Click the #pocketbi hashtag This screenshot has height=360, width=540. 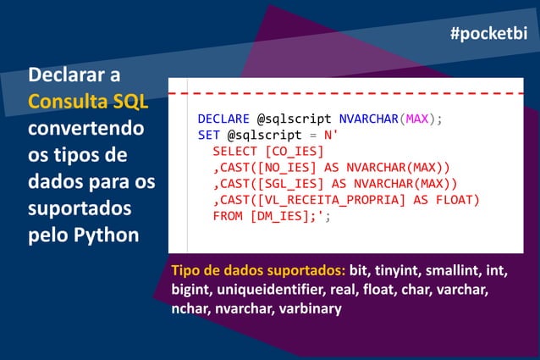point(488,33)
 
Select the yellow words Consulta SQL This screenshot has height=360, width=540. point(88,102)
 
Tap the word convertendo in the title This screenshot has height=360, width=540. point(85,130)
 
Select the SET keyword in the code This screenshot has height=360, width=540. point(208,135)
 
